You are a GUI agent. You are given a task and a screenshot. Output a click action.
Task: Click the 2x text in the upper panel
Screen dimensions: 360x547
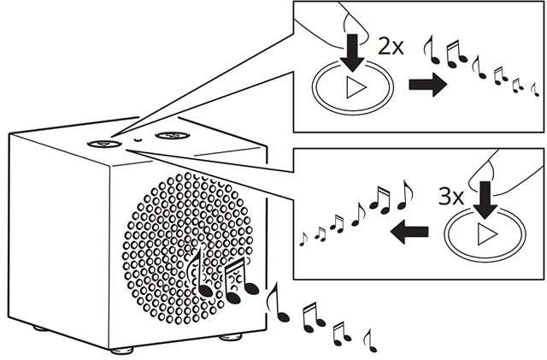(x=391, y=48)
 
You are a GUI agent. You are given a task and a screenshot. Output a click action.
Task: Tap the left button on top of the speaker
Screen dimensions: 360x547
(x=101, y=144)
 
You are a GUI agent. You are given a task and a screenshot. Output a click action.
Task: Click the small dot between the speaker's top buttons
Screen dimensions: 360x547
(x=137, y=139)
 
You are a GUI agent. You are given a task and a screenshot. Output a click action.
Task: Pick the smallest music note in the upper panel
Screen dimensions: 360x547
(x=535, y=90)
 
